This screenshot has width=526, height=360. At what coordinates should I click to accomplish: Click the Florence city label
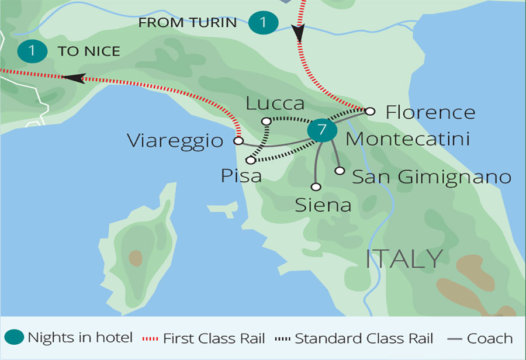point(430,112)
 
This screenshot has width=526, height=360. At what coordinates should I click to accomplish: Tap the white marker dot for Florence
point(369,110)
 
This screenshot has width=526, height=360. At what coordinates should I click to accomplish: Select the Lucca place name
point(275,103)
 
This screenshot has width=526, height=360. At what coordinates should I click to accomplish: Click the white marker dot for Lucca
point(266,122)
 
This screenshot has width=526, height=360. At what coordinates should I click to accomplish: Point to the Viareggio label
point(175,141)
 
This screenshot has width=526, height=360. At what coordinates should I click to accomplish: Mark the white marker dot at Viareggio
point(238,141)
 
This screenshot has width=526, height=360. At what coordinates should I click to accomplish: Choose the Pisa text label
point(241,175)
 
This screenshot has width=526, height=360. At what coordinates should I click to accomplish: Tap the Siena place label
point(323,205)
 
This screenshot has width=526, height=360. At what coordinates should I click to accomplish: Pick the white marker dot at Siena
point(316,187)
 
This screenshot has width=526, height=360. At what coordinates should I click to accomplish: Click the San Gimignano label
point(432,176)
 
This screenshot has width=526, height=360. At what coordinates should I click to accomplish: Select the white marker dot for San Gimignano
point(340,171)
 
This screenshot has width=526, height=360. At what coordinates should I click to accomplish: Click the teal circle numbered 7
point(321,130)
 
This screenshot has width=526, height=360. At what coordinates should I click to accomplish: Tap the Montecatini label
point(407,140)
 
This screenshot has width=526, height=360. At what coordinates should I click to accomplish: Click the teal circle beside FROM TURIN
point(262,23)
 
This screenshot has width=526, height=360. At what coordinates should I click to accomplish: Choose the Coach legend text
point(490,338)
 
